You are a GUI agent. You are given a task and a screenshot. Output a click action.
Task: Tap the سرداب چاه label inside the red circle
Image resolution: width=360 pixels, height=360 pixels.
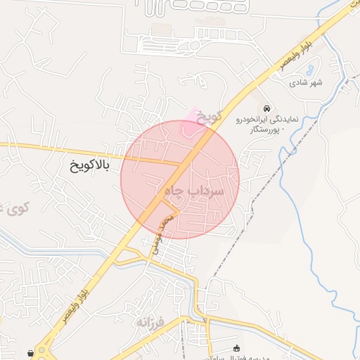click(193, 191)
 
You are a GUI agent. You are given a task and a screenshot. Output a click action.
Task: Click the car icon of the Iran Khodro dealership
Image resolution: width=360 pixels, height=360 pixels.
click(267, 108)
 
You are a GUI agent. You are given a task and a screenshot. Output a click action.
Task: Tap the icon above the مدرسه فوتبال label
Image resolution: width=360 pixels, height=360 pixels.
click(236, 347)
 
